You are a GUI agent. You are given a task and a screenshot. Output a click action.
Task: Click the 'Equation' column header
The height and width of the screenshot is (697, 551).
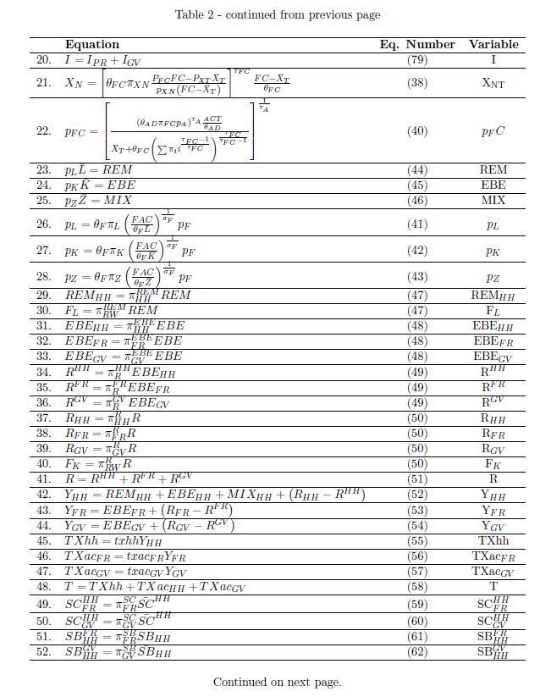coord(92,44)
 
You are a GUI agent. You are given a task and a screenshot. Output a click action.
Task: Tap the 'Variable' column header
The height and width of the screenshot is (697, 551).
coord(493,44)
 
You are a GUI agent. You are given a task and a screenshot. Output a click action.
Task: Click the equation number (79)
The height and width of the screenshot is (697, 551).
coord(417,60)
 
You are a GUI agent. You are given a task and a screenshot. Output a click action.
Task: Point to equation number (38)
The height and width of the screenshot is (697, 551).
coord(417,83)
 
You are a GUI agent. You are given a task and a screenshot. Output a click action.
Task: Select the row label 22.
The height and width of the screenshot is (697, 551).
coord(43,131)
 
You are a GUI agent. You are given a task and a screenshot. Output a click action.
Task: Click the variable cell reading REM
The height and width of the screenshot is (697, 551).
coord(493,169)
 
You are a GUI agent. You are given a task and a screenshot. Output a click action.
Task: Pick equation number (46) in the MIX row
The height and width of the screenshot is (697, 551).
coord(417,200)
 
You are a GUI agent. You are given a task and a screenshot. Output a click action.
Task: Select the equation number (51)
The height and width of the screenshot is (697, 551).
coord(417,478)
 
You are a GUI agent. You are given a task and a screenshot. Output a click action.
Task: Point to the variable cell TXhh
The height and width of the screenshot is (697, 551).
coord(493,540)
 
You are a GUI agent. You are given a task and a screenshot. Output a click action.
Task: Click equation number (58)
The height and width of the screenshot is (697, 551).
coord(417,586)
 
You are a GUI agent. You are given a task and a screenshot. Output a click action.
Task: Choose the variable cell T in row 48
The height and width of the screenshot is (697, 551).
coord(493,586)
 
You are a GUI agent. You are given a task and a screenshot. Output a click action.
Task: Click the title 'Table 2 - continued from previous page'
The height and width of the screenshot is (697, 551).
coord(277,14)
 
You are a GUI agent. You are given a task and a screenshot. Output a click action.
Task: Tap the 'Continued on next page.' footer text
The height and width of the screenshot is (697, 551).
coord(277,682)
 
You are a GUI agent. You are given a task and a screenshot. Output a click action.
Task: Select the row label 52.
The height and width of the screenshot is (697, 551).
coord(43,652)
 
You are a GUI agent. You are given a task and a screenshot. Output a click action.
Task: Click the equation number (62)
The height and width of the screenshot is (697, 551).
coord(417,652)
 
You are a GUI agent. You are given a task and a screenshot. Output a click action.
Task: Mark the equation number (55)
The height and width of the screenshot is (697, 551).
coord(417,540)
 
